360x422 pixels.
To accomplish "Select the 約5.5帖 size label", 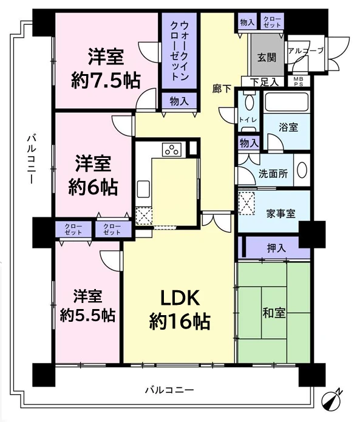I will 87,316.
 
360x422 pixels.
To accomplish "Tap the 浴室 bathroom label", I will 288,128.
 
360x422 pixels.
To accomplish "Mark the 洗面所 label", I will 273,172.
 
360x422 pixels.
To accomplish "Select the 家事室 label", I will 280,213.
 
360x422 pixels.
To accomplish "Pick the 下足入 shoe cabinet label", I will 265,81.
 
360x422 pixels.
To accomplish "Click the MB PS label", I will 299,81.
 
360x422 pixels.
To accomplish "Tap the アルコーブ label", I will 306,51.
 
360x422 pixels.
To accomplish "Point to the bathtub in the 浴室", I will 288,102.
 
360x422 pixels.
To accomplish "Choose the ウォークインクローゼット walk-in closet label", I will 179,52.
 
